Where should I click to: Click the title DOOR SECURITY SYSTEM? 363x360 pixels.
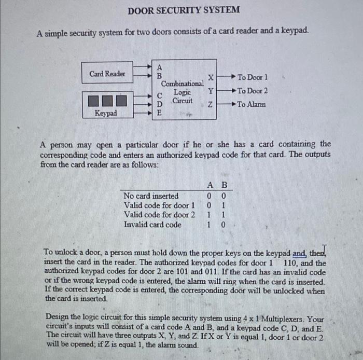(184, 10)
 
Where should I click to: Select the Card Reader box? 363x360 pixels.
(107, 74)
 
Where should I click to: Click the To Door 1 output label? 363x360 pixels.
(253, 77)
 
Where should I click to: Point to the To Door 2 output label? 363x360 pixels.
(253, 91)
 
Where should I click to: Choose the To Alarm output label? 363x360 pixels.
(251, 104)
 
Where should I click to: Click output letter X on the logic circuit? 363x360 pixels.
(210, 77)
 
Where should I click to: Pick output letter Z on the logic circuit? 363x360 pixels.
(210, 105)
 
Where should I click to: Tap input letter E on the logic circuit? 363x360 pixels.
(159, 112)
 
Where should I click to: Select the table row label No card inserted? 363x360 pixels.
(151, 196)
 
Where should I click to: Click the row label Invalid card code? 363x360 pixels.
(152, 225)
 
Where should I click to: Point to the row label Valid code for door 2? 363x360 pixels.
(159, 215)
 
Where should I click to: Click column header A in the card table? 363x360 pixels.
(210, 186)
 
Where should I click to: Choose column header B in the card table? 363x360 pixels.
(224, 186)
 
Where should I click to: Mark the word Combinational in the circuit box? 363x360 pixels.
(182, 84)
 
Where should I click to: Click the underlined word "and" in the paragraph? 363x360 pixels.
(299, 254)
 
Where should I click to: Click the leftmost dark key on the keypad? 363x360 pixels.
(94, 99)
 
